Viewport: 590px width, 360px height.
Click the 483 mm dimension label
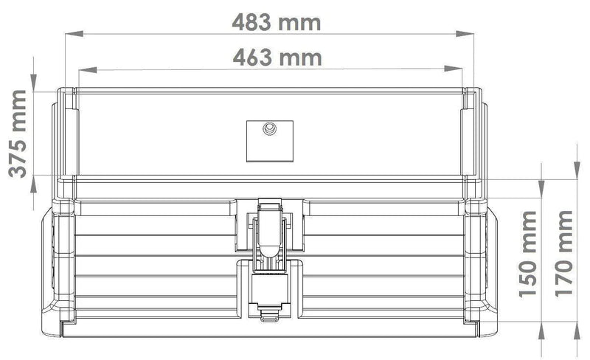pos(276,23)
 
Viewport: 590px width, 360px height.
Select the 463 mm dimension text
pos(277,58)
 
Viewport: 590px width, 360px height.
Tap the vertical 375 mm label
pos(18,134)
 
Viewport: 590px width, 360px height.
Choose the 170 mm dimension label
pos(563,254)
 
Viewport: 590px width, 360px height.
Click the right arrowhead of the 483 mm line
pos(465,34)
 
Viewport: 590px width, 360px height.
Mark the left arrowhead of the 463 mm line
pos(87,69)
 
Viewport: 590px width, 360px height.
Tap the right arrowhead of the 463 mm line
pos(453,69)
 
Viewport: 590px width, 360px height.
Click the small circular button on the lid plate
pos(269,128)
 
